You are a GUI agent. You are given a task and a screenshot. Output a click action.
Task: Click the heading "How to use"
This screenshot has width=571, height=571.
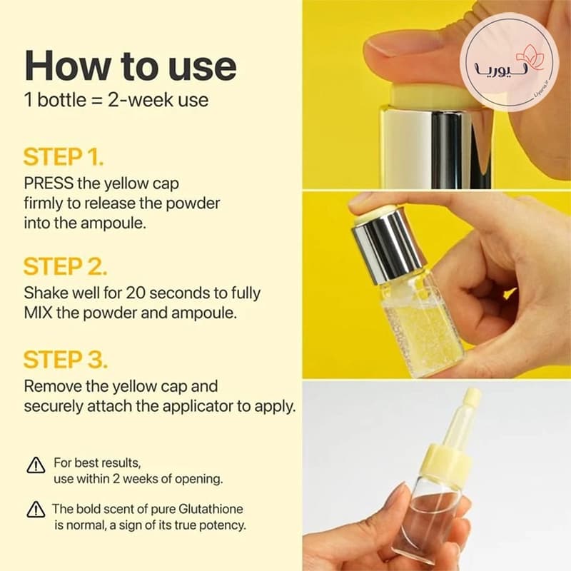[131, 66]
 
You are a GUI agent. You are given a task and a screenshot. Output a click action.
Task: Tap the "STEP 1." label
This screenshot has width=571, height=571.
[64, 157]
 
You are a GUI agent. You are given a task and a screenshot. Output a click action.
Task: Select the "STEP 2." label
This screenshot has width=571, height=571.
[65, 266]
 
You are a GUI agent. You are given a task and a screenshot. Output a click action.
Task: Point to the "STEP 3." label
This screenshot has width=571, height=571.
[66, 360]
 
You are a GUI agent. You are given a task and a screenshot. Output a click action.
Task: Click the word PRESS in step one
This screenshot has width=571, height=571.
[49, 183]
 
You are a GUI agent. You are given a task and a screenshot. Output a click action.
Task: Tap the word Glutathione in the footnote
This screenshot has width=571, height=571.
[206, 509]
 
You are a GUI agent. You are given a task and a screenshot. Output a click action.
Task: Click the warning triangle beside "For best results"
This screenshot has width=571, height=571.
[36, 465]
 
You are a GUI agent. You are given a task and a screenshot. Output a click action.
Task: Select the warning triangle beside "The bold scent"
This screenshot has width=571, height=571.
[36, 509]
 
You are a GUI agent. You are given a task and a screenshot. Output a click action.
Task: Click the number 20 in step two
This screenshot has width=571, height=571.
[135, 293]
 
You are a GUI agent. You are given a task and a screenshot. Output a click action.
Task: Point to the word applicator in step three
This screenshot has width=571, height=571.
[198, 407]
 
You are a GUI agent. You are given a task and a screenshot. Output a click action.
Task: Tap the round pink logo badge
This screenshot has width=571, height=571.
[509, 63]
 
